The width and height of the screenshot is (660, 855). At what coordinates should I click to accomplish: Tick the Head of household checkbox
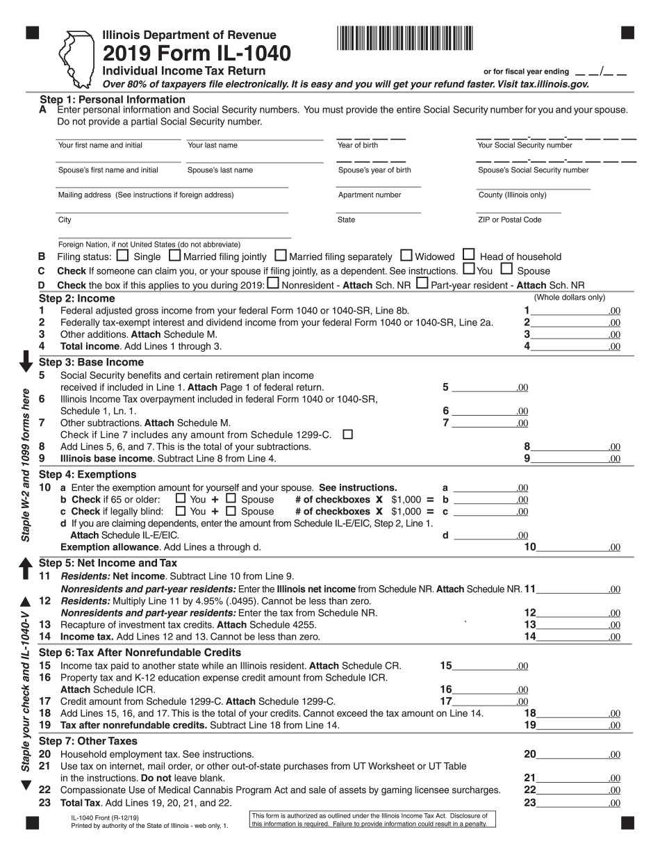[x=469, y=255]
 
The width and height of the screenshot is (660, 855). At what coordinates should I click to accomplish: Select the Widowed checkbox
[x=407, y=255]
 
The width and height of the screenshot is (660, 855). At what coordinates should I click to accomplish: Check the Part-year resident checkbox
[x=422, y=284]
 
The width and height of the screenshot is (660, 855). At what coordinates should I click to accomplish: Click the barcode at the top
[x=406, y=38]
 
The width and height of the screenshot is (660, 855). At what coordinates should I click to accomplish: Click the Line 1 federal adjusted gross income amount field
[x=570, y=311]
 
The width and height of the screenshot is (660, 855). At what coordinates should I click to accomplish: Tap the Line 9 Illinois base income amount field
[x=570, y=458]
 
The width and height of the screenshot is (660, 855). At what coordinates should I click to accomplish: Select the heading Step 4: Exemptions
[x=82, y=475]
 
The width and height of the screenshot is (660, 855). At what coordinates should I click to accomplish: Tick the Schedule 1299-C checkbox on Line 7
[x=348, y=434]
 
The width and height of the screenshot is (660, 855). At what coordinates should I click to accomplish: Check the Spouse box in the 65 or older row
[x=231, y=498]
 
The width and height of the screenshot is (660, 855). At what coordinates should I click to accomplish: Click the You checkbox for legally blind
[x=181, y=510]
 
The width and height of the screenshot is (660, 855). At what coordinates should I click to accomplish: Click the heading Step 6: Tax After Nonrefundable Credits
[x=140, y=653]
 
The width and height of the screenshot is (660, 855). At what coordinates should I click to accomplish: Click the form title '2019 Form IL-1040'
[x=197, y=54]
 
